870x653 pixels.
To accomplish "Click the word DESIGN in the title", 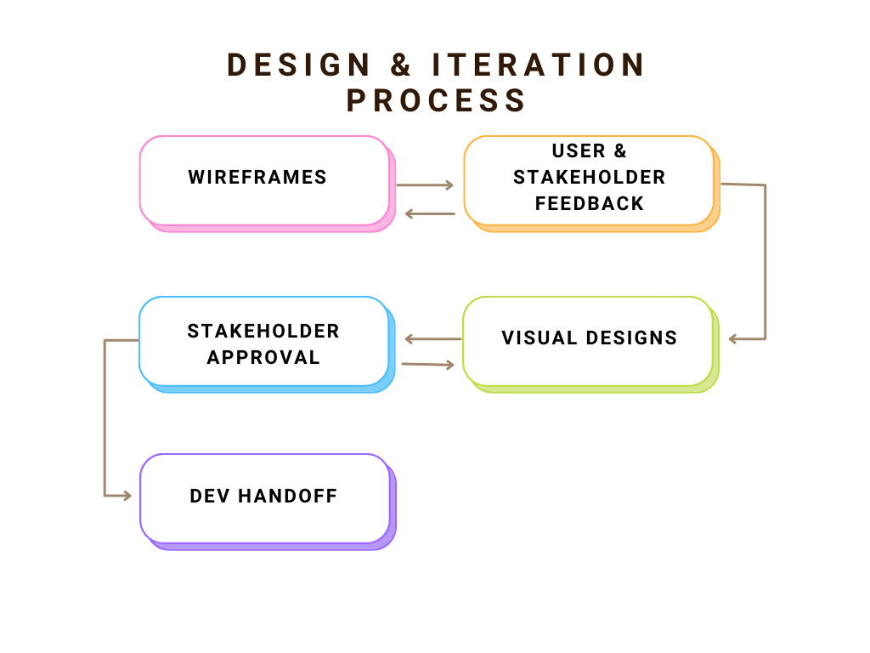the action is [298, 65].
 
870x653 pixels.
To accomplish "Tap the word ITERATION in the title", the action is [538, 65].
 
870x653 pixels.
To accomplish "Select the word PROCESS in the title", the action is [436, 100].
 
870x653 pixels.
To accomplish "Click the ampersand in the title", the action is [401, 65].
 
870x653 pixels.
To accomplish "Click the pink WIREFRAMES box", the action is [268, 184].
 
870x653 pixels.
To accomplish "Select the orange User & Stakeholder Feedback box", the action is [591, 184].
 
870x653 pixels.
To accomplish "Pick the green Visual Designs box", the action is [590, 344].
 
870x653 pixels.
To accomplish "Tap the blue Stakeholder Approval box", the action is [267, 344].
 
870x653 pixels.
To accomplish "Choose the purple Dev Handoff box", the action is [268, 502].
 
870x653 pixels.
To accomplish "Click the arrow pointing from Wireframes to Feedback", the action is [425, 185].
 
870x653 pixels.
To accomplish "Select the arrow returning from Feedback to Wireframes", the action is [430, 213].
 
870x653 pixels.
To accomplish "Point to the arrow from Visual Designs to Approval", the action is [432, 338].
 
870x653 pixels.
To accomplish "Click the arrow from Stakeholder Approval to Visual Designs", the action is [428, 364].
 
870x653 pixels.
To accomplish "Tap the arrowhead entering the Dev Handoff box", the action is [127, 496].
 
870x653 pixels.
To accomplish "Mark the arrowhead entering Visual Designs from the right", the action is [733, 338].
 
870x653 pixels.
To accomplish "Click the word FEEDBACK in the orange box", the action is [590, 204].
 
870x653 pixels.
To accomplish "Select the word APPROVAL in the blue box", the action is [263, 358].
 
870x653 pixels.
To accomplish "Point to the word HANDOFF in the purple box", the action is [287, 496].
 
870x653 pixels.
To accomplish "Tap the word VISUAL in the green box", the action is [540, 338].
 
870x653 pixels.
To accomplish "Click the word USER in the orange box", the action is [579, 151].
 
